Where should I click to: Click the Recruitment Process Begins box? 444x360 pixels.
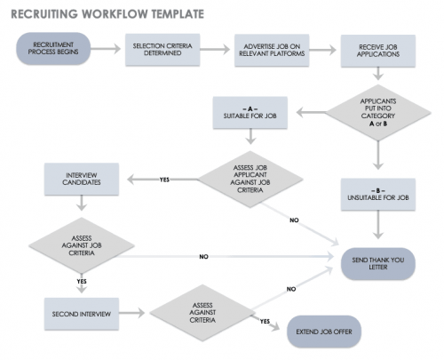point(52,50)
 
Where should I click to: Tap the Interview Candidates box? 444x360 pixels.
point(83,178)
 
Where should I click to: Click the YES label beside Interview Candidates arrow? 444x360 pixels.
point(164,180)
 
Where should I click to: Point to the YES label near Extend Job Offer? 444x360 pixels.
point(265,321)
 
